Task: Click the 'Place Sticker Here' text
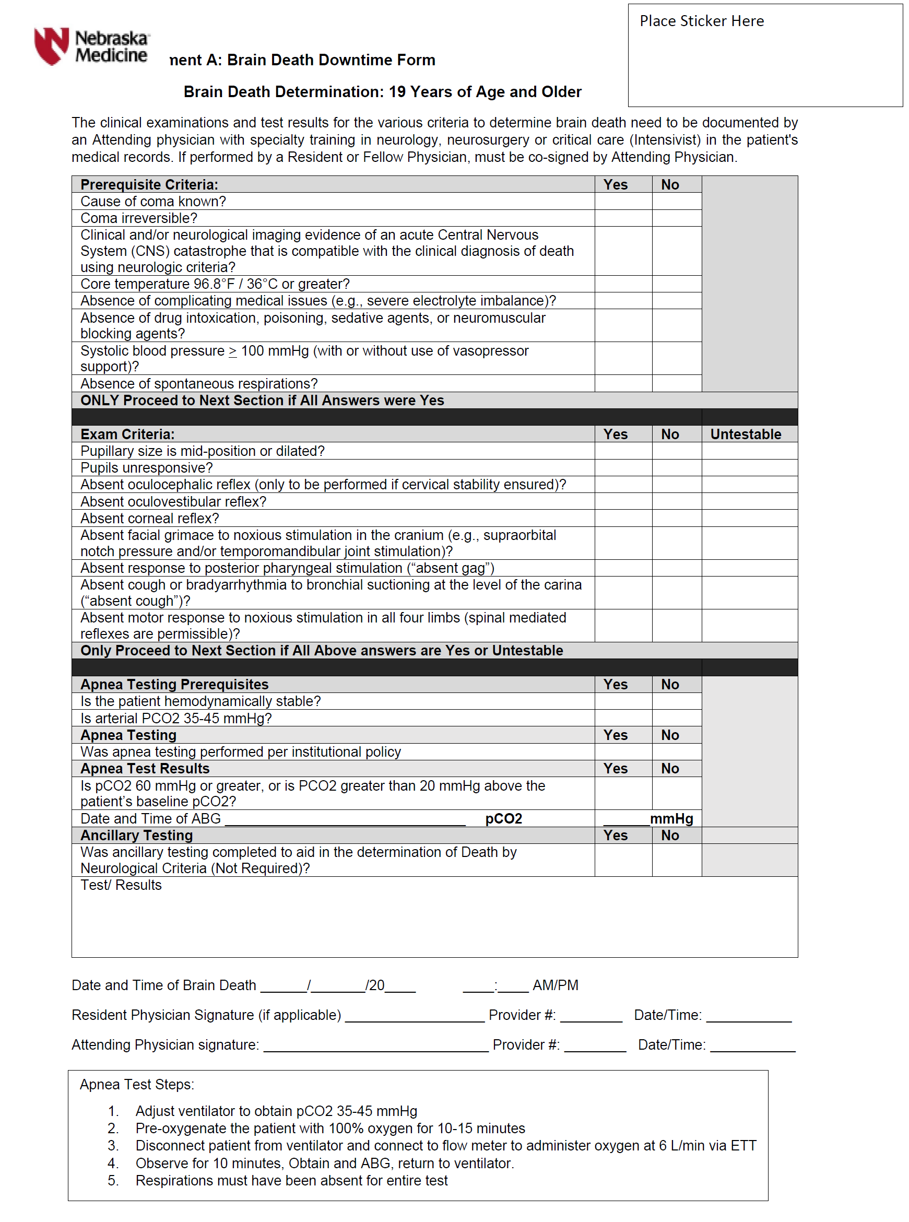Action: tap(701, 21)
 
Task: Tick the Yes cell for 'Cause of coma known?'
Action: tap(623, 202)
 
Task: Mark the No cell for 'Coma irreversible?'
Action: tap(676, 218)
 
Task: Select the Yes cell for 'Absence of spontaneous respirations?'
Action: tap(623, 383)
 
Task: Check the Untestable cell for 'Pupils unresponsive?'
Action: tap(749, 468)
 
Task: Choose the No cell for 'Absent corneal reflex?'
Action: tap(676, 518)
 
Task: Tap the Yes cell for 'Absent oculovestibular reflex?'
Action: tap(623, 501)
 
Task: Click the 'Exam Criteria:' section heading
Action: tap(127, 434)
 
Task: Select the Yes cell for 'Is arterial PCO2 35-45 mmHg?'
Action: tap(623, 718)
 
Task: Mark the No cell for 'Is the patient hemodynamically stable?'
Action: tap(676, 701)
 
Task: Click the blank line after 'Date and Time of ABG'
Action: tap(345, 820)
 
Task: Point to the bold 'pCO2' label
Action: tap(503, 819)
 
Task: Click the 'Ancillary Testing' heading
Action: tap(136, 835)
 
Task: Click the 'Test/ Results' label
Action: tap(121, 885)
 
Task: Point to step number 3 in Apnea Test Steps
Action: tap(113, 1146)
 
